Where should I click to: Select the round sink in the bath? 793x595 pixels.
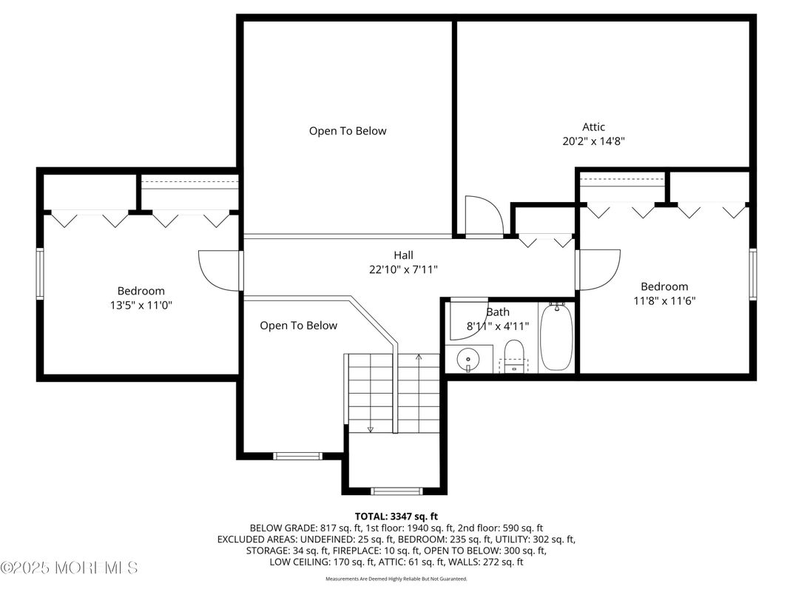[468, 360]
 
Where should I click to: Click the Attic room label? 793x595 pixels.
[593, 127]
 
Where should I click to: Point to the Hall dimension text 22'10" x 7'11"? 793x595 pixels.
[404, 270]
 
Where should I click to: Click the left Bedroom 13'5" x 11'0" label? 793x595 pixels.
[141, 304]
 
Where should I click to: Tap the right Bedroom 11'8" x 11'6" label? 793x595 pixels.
[664, 300]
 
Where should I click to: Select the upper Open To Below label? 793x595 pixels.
[347, 131]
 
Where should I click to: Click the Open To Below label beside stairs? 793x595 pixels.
[298, 326]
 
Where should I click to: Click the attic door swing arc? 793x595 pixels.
[485, 215]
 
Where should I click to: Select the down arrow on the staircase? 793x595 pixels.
[371, 428]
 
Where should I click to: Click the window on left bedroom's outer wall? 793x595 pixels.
[41, 274]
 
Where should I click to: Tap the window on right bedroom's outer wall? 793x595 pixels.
[752, 274]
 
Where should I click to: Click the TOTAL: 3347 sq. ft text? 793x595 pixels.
[396, 516]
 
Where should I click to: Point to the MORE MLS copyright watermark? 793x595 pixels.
[70, 568]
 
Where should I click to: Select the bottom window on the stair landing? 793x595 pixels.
[396, 490]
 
